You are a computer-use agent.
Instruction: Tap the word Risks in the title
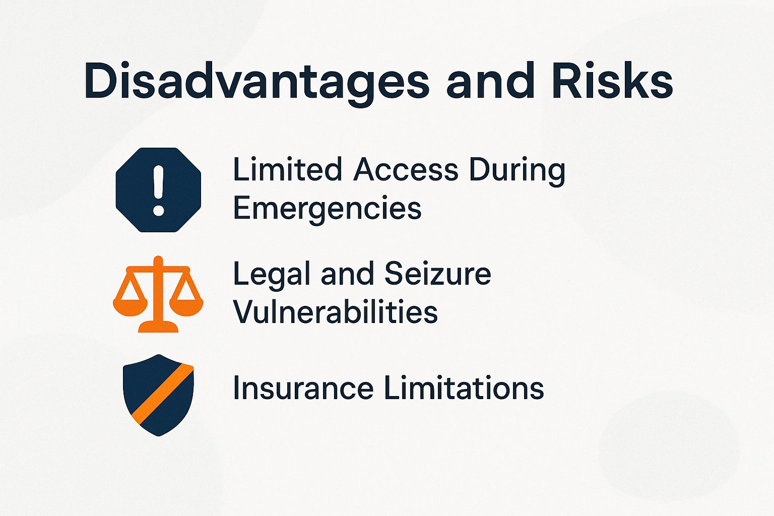[x=612, y=81]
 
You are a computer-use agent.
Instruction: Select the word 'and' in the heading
[x=490, y=81]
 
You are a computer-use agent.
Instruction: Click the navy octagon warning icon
[x=158, y=190]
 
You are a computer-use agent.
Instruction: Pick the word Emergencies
[x=327, y=209]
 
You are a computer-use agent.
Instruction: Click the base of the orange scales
[x=158, y=328]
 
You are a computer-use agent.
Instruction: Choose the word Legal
[x=271, y=275]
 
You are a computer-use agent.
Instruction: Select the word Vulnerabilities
[x=335, y=312]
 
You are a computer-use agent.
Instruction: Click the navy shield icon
[x=158, y=395]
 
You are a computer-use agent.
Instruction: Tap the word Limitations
[x=464, y=389]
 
